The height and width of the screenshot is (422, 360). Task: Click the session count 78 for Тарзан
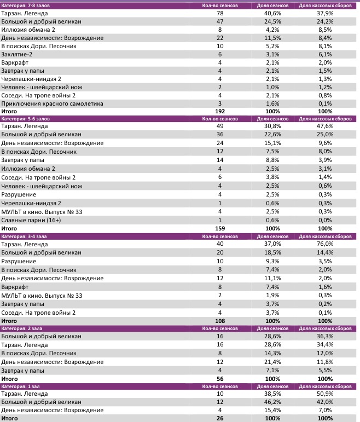click(219, 13)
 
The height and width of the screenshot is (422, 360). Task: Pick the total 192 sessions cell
click(219, 112)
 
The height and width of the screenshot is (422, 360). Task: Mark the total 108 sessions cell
click(219, 320)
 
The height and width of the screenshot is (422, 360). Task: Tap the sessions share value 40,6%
click(280, 13)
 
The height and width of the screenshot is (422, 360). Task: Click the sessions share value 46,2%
click(280, 402)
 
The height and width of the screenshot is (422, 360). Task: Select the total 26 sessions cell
click(219, 418)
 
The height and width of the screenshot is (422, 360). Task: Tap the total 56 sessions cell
click(219, 378)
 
